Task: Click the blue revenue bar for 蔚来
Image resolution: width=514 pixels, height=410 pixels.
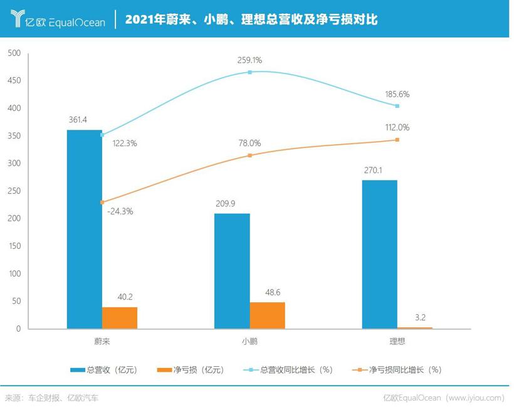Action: point(84,229)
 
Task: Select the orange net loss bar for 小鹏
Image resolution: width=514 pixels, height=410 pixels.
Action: point(267,315)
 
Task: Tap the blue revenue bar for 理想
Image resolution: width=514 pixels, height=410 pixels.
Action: point(379,254)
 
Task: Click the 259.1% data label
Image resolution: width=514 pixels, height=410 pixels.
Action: point(249,61)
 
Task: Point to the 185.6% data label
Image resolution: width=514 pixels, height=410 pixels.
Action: point(397,95)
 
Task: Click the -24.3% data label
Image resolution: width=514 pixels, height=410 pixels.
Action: point(120,211)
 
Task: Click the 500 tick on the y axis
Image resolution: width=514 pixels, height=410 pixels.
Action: point(14,53)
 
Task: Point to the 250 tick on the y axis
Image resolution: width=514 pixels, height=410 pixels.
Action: point(14,191)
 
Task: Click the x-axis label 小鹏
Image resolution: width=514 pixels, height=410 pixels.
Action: point(249,342)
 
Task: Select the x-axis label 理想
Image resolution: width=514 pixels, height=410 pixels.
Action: point(397,342)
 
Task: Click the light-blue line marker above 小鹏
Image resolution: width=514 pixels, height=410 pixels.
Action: point(249,72)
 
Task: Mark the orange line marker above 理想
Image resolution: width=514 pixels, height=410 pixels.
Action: point(397,140)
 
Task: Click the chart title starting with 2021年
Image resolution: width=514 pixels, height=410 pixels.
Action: point(251,19)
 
